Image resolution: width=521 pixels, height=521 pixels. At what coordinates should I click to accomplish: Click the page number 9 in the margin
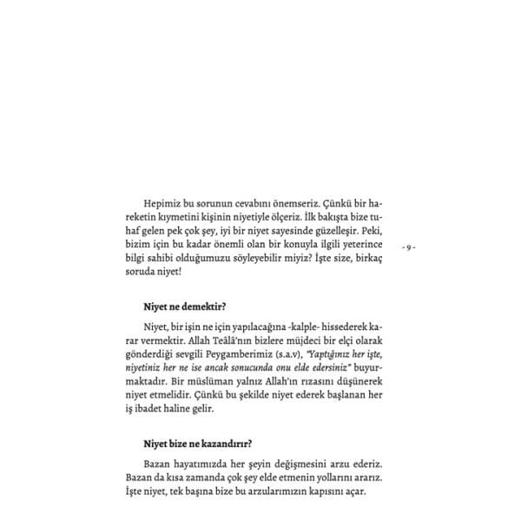[410, 247]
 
